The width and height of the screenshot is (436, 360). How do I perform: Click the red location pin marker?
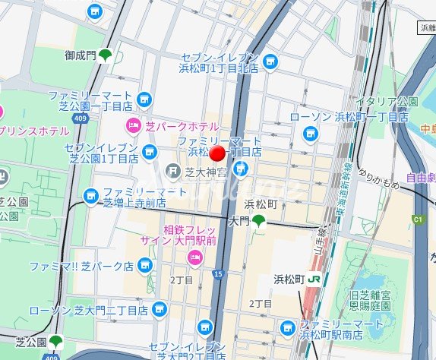pos(217,154)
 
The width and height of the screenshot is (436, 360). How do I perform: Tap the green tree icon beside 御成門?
pos(105,55)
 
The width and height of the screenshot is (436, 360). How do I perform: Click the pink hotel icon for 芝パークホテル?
pos(132,125)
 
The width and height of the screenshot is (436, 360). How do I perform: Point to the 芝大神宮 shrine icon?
pos(173,172)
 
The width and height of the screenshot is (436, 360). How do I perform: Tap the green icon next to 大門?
pos(259,220)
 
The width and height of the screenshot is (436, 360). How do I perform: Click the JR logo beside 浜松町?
pos(314,279)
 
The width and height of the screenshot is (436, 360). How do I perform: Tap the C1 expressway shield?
pos(416,219)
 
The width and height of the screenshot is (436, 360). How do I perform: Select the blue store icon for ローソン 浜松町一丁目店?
pos(309,134)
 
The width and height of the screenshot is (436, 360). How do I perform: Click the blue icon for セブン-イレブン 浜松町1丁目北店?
pos(270,62)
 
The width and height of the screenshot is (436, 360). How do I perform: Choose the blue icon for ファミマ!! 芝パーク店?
pos(145,266)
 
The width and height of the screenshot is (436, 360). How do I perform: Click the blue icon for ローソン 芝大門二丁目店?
pos(159,310)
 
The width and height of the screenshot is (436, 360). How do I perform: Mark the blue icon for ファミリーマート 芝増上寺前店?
pos(92,197)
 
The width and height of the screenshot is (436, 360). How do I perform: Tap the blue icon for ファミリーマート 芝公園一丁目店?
pos(145,100)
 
